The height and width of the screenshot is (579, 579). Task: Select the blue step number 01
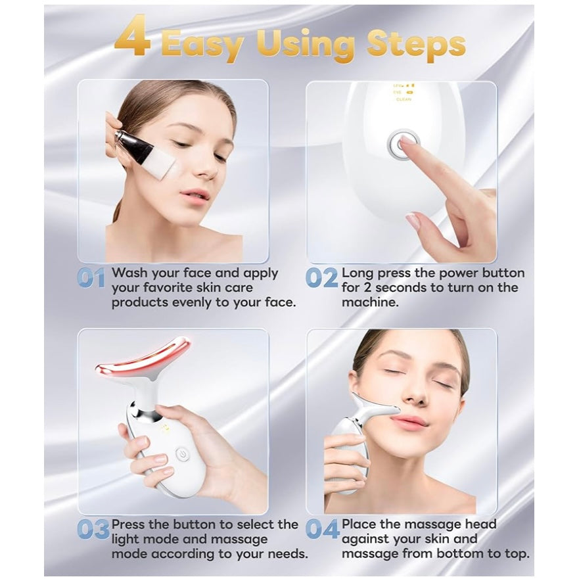[x=91, y=278]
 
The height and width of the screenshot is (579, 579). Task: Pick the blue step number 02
[x=321, y=278]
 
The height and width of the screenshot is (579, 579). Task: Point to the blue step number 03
[x=93, y=530]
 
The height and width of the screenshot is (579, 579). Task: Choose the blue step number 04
[x=322, y=530]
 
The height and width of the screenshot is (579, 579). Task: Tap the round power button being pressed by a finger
[x=403, y=145]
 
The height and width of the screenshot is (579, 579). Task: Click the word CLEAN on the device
[x=404, y=99]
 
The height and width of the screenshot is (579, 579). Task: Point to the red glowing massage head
[x=143, y=359]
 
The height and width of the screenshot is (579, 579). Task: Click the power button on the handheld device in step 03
[x=181, y=454]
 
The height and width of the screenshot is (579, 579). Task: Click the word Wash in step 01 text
[x=130, y=273]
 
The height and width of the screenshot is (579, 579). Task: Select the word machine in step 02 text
[x=370, y=302]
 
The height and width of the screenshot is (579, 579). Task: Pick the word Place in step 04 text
[x=358, y=524]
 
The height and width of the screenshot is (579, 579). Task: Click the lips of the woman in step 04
[x=413, y=421]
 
